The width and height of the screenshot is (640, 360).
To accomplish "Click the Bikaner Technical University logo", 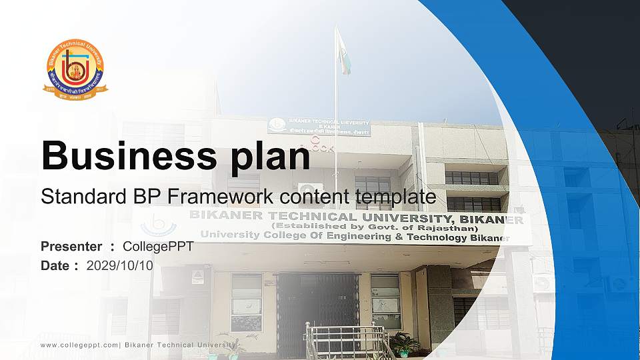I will coord(75,69).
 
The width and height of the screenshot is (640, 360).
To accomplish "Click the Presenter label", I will coord(71,247).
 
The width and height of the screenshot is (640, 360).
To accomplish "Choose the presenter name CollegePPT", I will coord(158,247).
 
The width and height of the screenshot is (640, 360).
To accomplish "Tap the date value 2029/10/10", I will coord(119,265).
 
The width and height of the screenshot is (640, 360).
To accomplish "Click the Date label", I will coord(55,265).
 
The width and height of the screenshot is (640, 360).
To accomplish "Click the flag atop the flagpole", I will coord(343,51).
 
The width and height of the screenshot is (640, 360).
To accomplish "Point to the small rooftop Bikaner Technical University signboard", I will coord(319,126).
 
